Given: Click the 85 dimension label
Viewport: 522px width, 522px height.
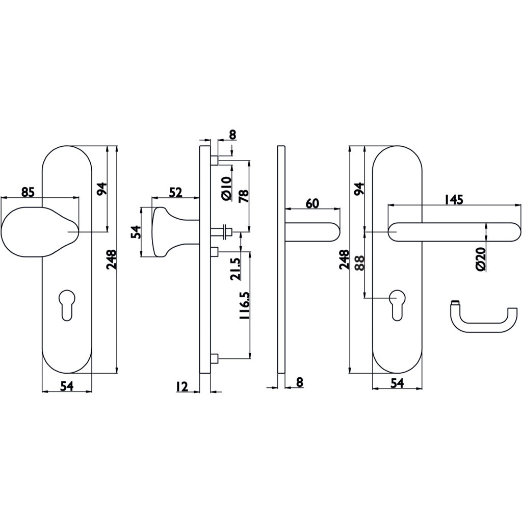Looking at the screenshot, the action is (x=28, y=192).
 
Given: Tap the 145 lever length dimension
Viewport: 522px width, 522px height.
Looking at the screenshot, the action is (x=453, y=200).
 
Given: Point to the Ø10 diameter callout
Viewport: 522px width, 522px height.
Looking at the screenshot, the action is (x=226, y=188).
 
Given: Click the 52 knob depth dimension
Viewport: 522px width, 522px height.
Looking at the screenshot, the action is (x=175, y=192).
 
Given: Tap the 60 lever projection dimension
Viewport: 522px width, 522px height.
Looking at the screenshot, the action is (x=312, y=203).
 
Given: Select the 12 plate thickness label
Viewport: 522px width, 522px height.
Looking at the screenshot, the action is (x=181, y=386).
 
